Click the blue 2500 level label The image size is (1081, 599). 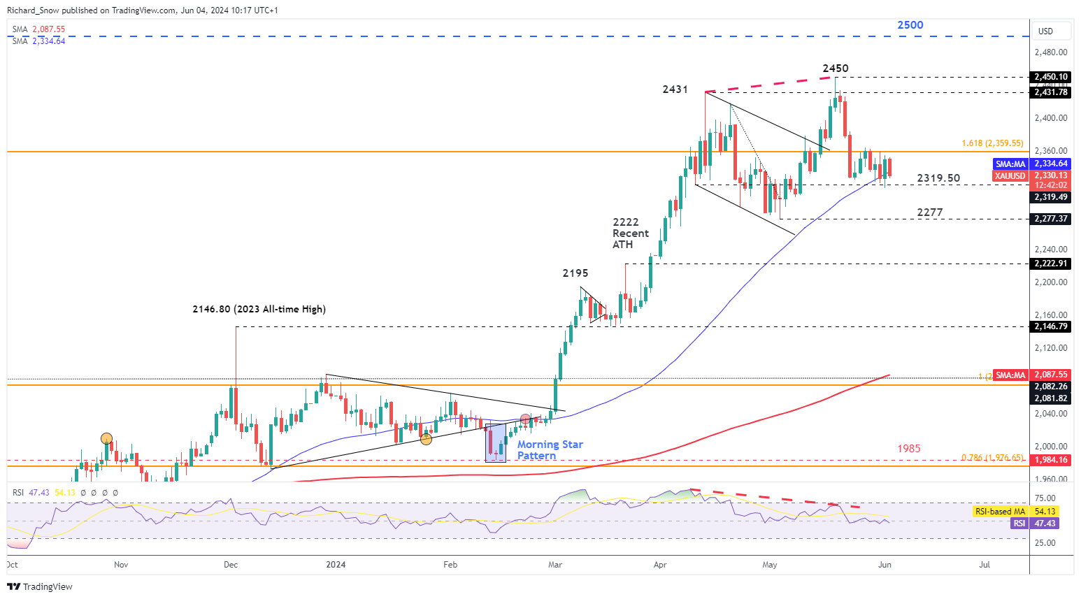click(910, 25)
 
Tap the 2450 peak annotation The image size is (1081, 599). click(835, 68)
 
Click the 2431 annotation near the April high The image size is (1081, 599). click(675, 89)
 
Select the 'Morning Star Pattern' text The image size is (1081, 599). click(550, 450)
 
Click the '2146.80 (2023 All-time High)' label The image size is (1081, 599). click(259, 309)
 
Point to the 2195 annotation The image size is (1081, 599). click(575, 273)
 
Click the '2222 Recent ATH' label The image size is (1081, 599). click(630, 233)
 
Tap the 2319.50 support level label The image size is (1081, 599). click(938, 178)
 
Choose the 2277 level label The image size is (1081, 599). click(929, 212)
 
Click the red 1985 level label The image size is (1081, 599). click(908, 449)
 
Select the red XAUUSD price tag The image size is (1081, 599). click(1010, 176)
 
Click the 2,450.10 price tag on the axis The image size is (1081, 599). click(1051, 77)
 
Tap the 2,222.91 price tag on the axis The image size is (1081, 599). click(1051, 264)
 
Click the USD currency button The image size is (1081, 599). click(1045, 31)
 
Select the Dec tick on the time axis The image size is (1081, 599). click(231, 565)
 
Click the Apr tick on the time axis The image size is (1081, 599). click(659, 565)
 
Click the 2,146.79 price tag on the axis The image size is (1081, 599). click(1051, 326)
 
